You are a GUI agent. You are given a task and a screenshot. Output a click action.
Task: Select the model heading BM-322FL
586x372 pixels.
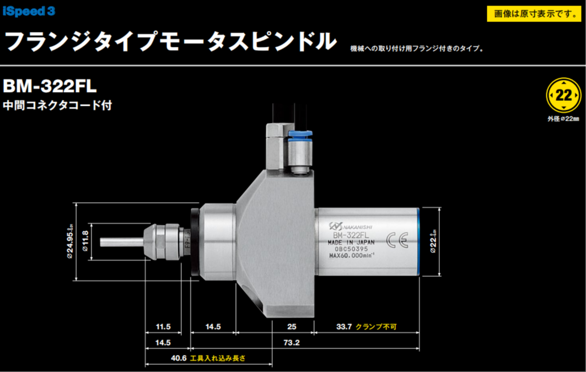coord(50,87)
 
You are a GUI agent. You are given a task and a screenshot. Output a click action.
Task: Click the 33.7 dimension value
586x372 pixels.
coord(343,327)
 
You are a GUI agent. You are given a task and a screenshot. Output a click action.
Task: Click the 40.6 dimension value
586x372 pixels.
coord(179,358)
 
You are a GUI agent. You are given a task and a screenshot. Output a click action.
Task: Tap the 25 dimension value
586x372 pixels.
coord(292,327)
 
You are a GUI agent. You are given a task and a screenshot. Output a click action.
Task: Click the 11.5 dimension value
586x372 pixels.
coord(163,327)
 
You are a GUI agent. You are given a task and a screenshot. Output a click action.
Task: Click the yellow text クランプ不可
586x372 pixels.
coord(376,327)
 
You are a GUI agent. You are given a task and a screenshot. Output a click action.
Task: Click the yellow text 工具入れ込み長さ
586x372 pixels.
coord(217,358)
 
